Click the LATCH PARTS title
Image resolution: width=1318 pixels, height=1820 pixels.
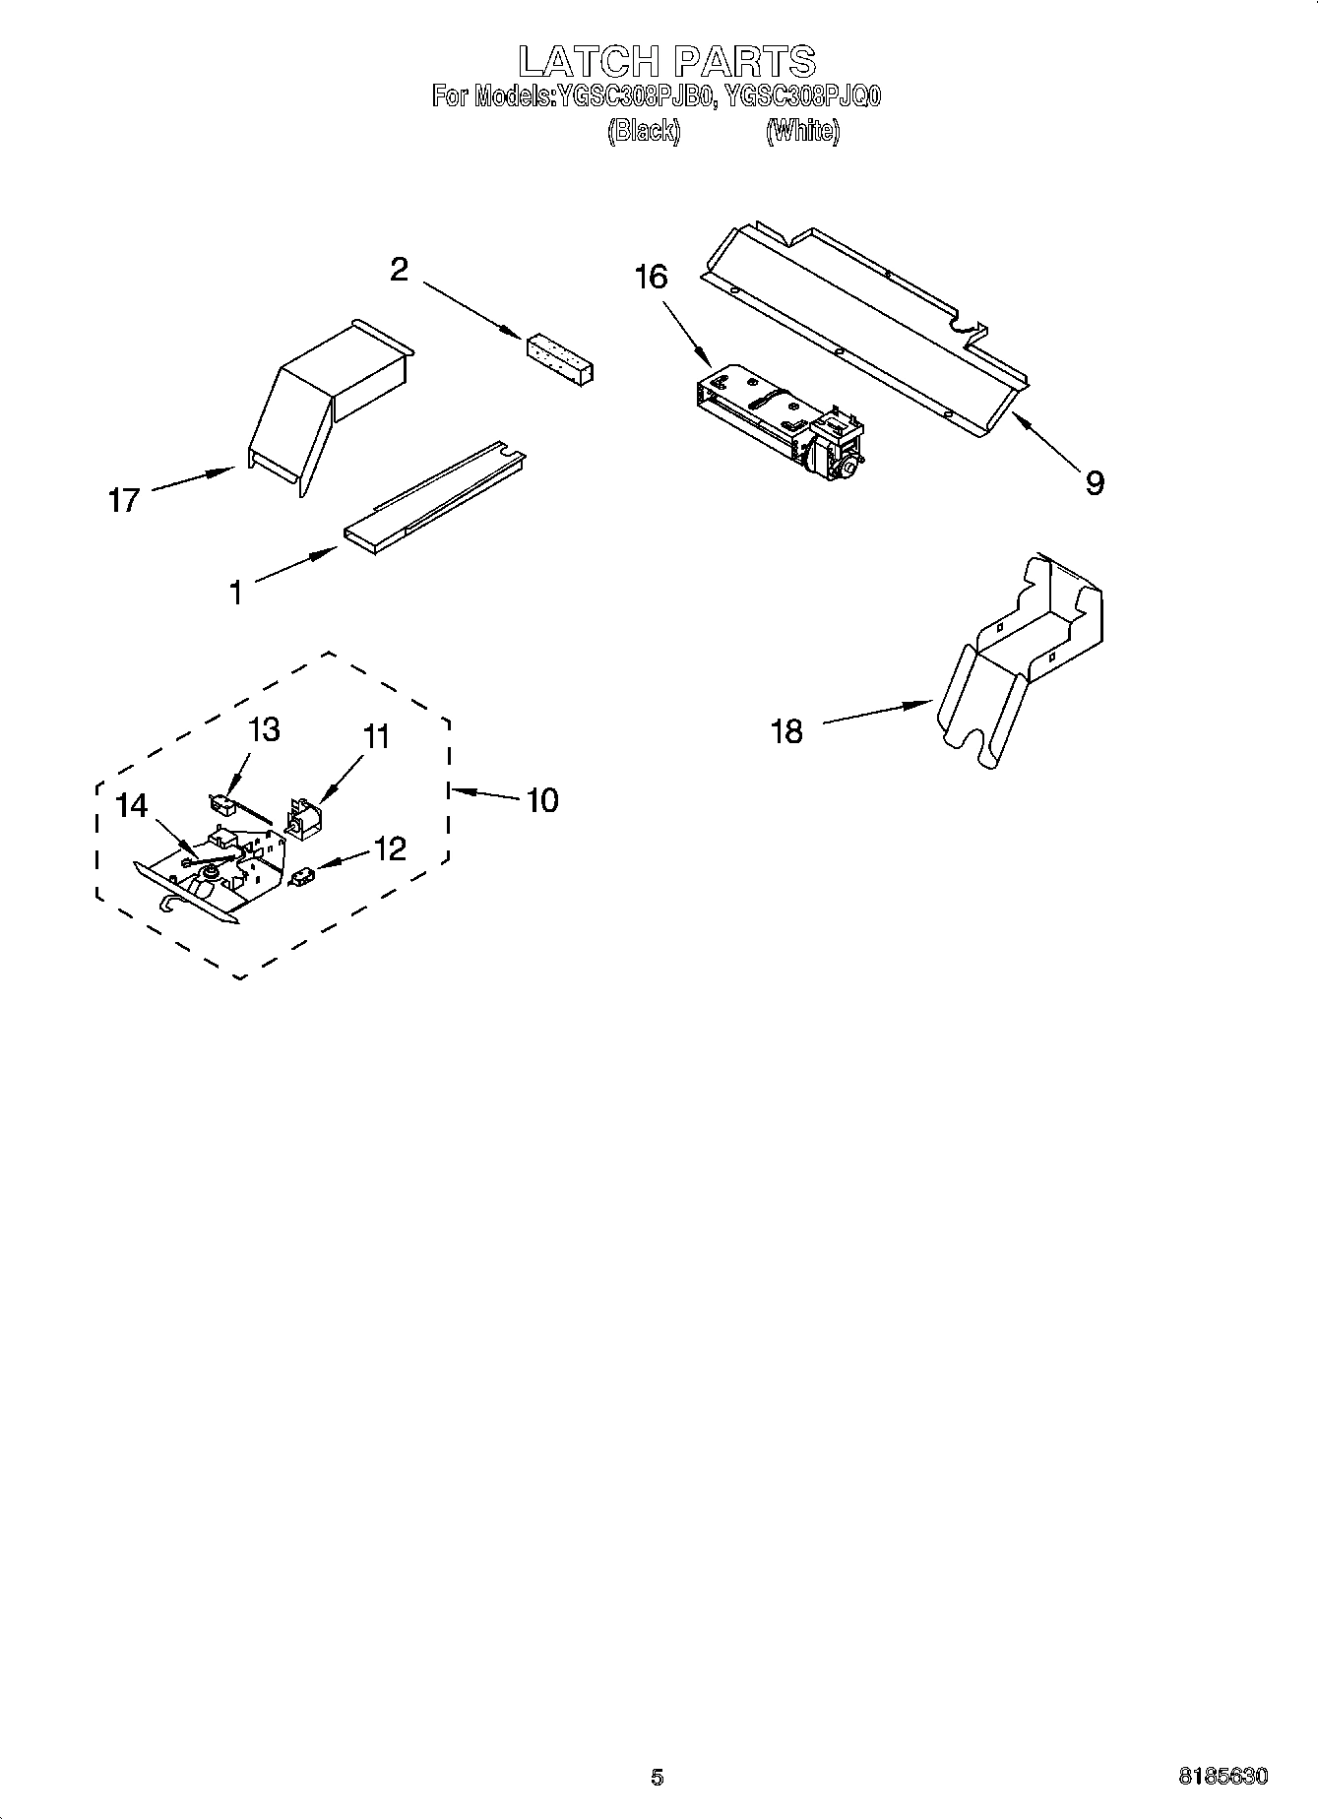coord(666,61)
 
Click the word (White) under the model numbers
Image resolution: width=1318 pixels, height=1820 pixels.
coord(802,130)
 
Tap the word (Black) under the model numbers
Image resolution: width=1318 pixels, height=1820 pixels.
coord(644,130)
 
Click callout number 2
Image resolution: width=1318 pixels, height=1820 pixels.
coord(399,269)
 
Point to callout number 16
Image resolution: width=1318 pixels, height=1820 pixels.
coord(651,278)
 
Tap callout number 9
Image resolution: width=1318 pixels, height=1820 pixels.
coord(1094,482)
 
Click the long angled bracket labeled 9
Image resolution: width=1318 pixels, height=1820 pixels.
coord(866,325)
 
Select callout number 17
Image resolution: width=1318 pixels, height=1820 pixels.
coord(124,500)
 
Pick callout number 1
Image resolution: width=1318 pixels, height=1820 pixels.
coord(235,593)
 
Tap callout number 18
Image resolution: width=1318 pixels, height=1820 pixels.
coord(786,731)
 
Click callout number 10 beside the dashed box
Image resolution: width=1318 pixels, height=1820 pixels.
coord(542,799)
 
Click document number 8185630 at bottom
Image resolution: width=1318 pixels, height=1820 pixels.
coord(1223,1777)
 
